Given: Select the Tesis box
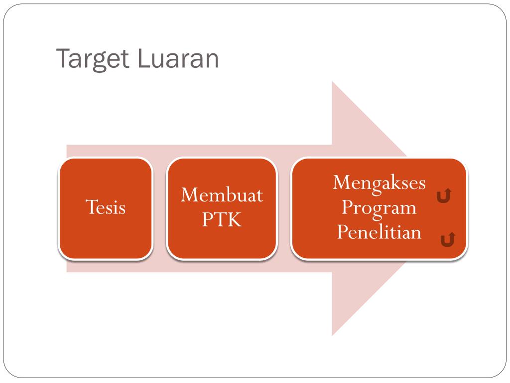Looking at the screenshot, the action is coord(105,234).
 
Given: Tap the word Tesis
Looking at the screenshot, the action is coord(105,207).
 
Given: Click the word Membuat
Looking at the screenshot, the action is coord(222,194).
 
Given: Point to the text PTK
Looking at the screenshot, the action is coord(222,219).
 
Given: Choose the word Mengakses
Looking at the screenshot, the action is coord(379,183).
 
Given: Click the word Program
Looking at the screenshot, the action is coord(379,207).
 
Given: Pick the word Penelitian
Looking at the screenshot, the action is coord(379,232).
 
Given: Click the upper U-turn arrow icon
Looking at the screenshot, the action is coord(444,196).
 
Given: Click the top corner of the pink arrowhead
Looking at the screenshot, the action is coord(332,82).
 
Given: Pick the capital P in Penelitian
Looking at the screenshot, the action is coord(342,232).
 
